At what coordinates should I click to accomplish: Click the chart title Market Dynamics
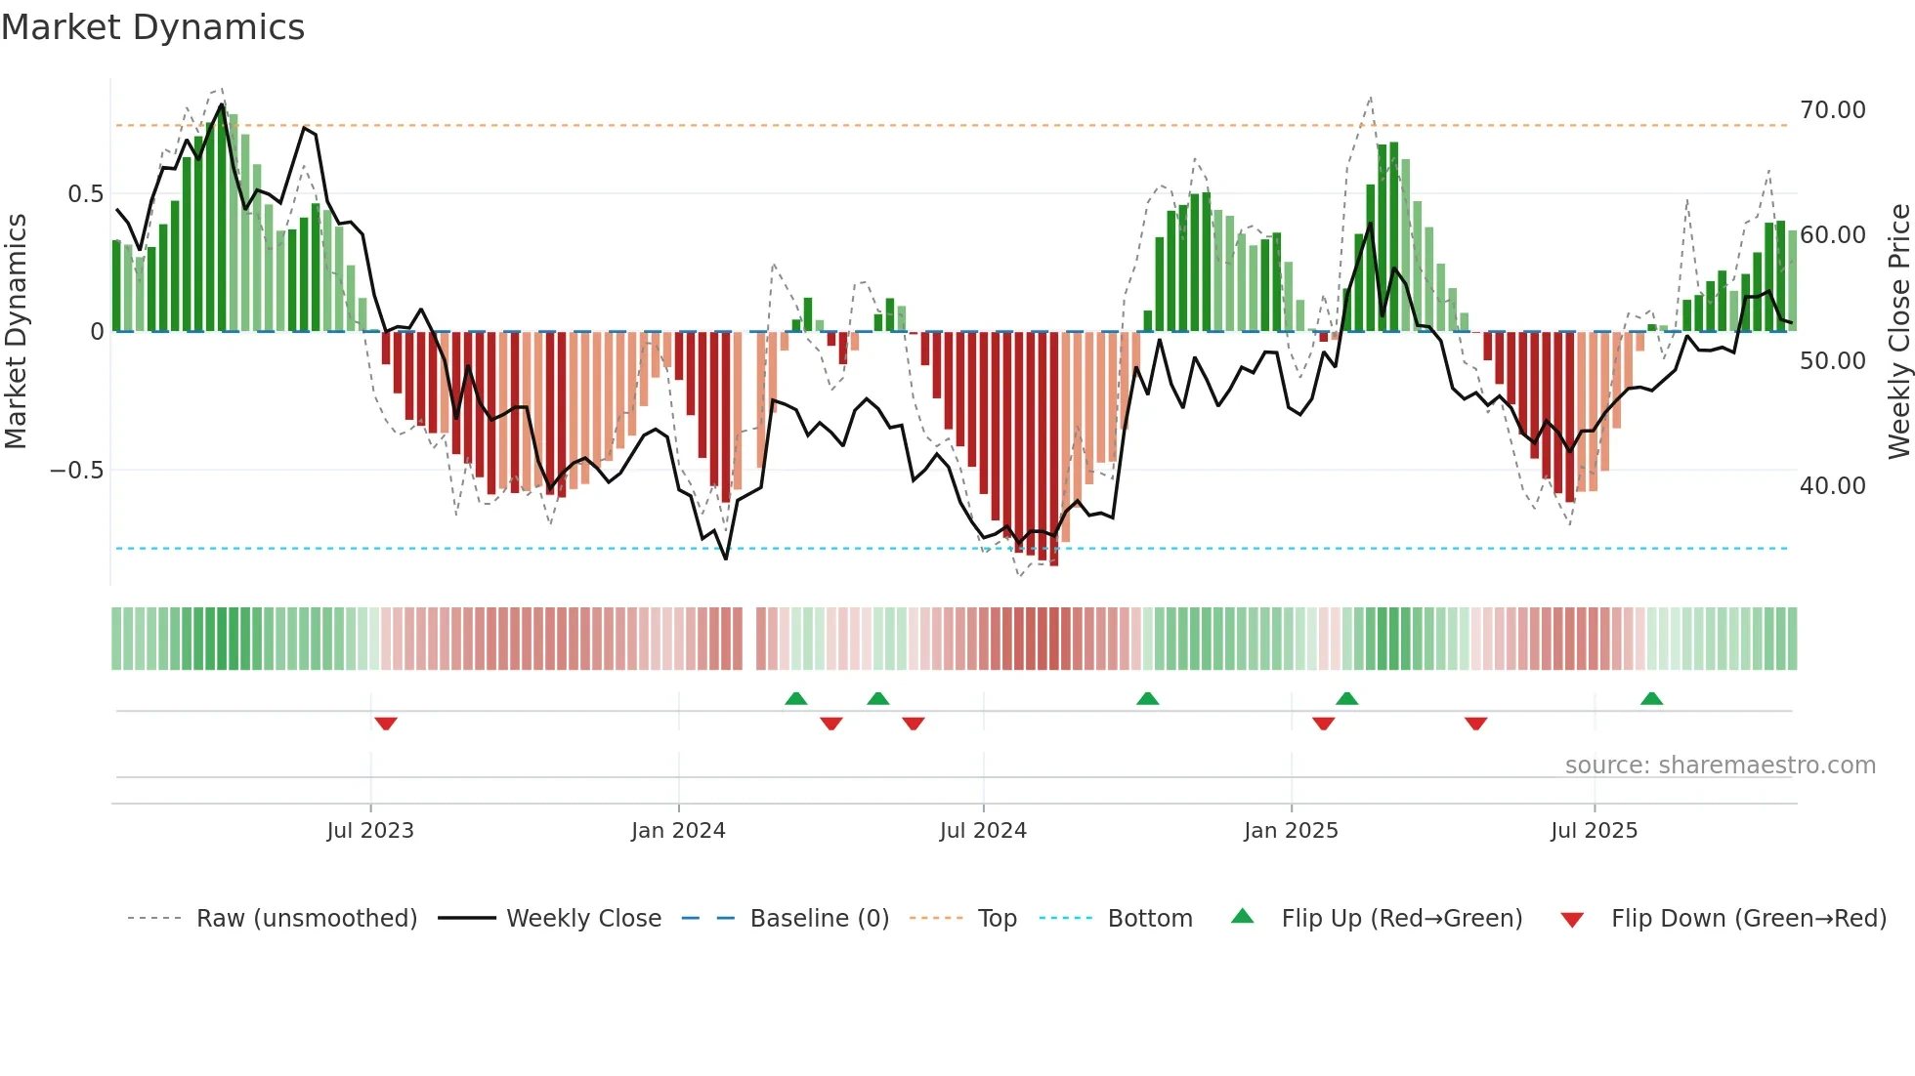(153, 27)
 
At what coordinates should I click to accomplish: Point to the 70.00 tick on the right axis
(1832, 110)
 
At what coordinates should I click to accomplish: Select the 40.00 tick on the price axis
(1832, 486)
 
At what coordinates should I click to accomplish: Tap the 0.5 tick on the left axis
(85, 194)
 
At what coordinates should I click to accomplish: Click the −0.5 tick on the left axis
(76, 471)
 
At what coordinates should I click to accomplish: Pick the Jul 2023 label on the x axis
(370, 831)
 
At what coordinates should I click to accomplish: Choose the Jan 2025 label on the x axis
(1291, 831)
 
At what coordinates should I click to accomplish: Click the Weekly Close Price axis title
(1898, 332)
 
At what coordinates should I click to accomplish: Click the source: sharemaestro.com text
(1720, 766)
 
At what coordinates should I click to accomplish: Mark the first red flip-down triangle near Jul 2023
(386, 724)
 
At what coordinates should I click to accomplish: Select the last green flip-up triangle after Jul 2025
(1651, 698)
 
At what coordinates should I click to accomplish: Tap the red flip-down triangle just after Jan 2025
(1324, 724)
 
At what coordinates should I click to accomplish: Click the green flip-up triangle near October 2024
(1148, 698)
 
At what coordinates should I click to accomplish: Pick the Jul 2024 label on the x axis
(983, 831)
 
